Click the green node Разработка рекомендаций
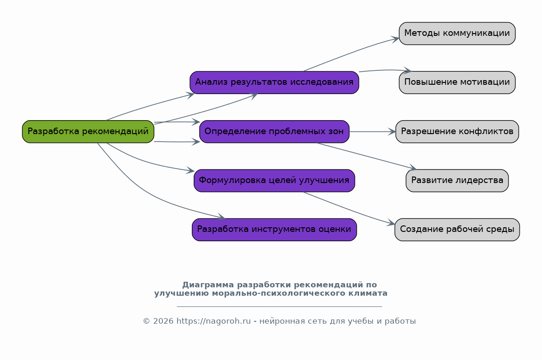(x=88, y=131)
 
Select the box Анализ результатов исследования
(x=274, y=82)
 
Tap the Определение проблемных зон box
(x=274, y=131)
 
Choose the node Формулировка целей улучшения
(x=274, y=180)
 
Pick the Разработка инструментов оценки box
(x=274, y=230)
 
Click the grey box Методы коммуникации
(x=457, y=34)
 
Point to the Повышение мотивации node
(x=457, y=82)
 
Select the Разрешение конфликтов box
(x=457, y=131)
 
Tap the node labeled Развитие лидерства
(x=457, y=180)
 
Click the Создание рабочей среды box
(x=457, y=230)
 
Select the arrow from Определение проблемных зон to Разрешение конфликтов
(x=372, y=132)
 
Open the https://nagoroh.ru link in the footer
(x=213, y=321)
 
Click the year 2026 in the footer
(x=163, y=321)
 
